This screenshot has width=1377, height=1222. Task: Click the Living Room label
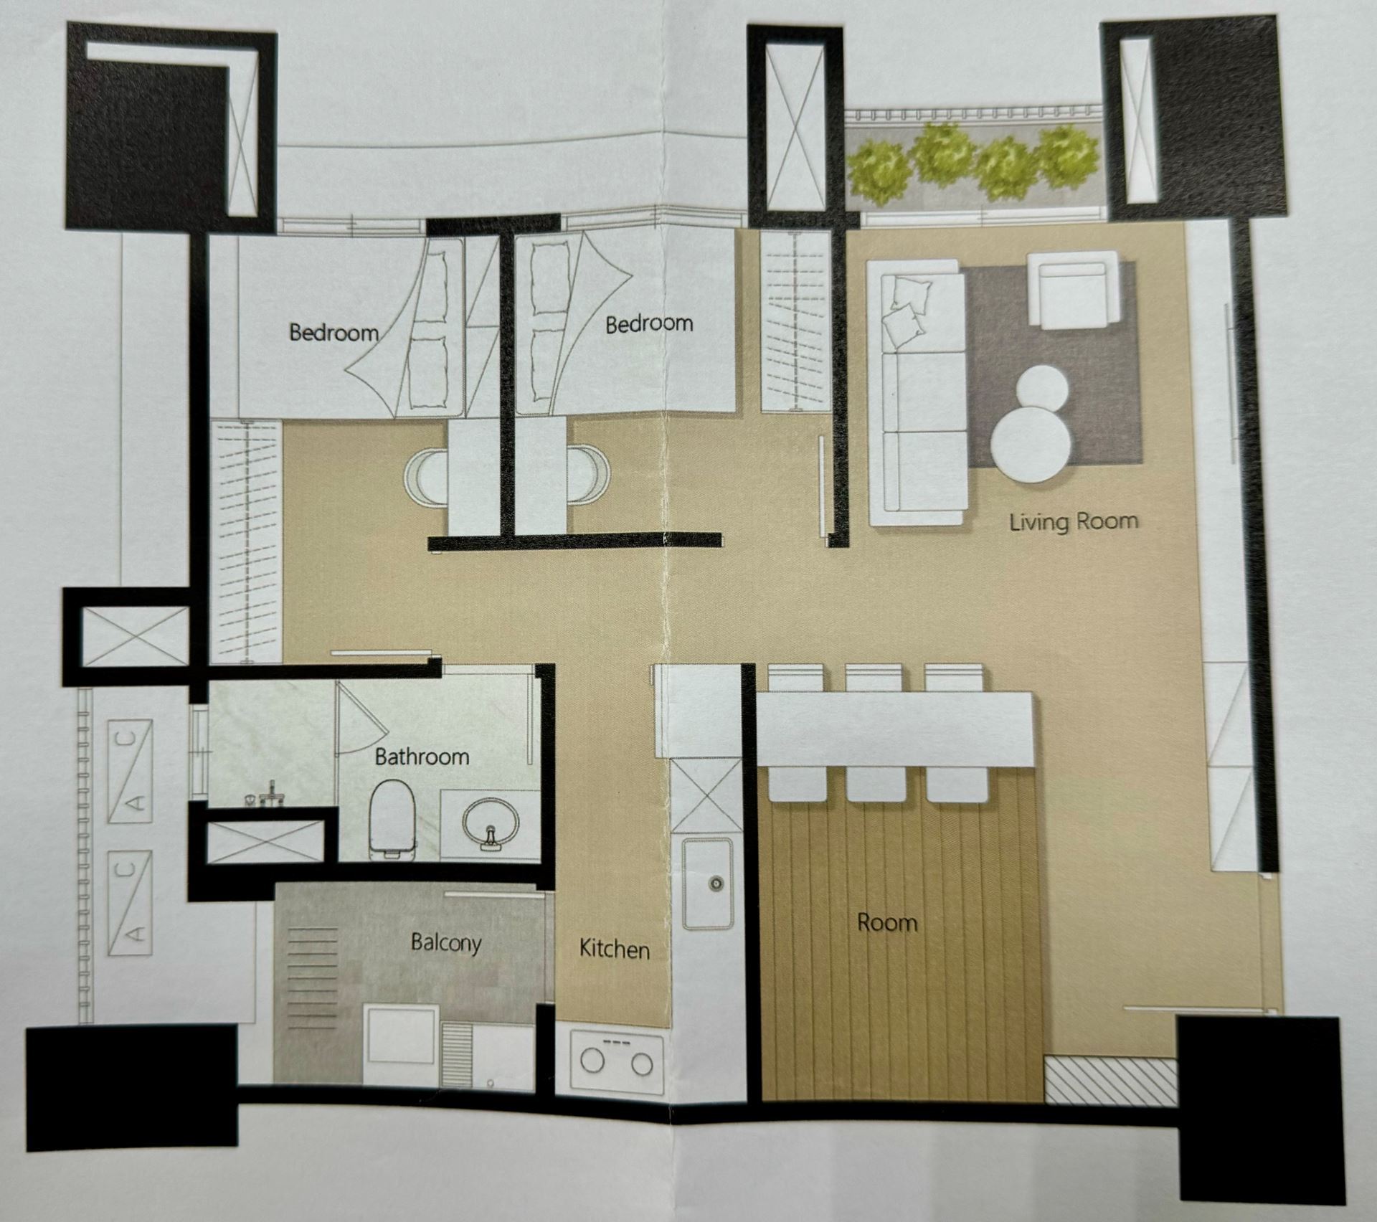pos(1074,521)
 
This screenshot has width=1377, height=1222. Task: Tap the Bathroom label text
pos(422,757)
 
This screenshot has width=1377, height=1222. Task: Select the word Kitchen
pos(614,949)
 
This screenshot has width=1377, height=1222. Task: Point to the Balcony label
pos(445,942)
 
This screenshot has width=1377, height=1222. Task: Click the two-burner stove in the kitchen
pos(617,1062)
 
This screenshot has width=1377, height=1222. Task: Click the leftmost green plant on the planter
pos(878,169)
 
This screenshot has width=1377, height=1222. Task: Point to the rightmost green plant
pos(1068,154)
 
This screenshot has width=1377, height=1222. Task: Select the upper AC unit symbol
pos(130,771)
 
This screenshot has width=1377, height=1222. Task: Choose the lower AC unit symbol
pos(130,902)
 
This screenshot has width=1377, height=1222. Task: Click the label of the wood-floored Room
pos(887,922)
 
